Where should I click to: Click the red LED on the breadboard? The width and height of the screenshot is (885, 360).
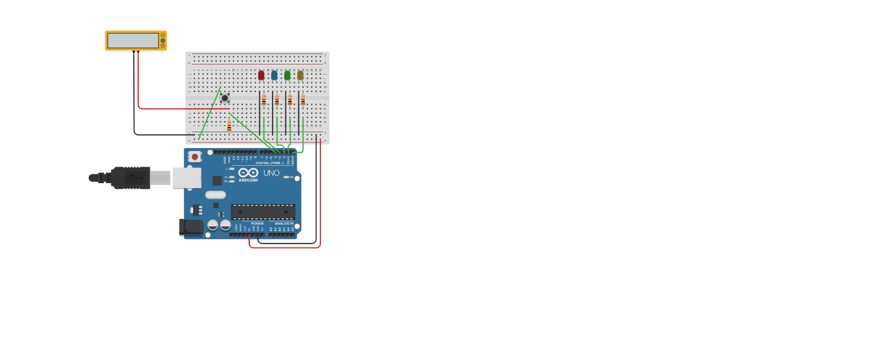coord(261,75)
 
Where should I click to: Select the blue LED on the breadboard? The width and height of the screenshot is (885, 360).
coord(274,75)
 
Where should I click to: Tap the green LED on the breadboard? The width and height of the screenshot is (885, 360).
coord(287,75)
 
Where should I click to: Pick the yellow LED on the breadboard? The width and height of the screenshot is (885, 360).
coord(300,75)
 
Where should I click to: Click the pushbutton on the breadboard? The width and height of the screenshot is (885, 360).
coord(225,98)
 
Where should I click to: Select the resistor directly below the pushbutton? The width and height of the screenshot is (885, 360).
coord(229,126)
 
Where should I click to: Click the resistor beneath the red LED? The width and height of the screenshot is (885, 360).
coord(264,101)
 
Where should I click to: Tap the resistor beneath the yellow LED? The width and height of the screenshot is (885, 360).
coord(303,101)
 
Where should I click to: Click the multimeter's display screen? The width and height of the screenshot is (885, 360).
coord(133,40)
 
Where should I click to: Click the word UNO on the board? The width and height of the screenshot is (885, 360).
coord(271,173)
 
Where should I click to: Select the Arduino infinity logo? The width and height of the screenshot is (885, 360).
coord(248,173)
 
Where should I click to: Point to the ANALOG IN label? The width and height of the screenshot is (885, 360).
coord(283,223)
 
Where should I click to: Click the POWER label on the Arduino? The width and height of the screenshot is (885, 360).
coord(257,223)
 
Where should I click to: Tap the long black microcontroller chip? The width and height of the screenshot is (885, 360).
coord(263,211)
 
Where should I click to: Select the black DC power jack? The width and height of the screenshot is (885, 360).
coord(191,227)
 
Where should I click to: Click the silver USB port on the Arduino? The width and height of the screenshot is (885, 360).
coord(186,178)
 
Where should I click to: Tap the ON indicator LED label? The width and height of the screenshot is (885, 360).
coord(291,177)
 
